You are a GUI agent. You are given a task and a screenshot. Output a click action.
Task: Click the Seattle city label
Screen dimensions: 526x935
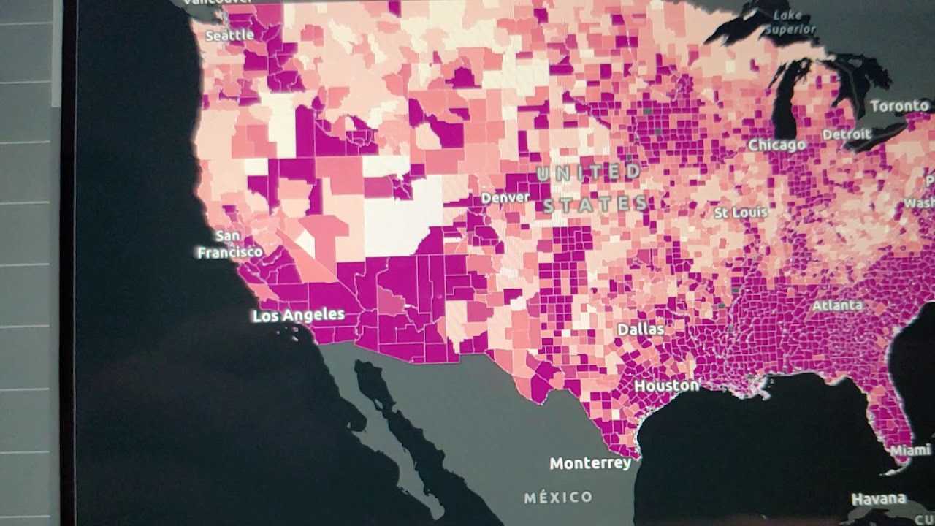[229, 35]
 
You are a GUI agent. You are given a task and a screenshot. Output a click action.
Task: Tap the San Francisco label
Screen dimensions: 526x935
[229, 245]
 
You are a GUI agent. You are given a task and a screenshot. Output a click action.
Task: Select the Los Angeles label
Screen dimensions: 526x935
[298, 316]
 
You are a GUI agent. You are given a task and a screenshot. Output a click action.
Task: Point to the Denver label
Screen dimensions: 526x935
[505, 198]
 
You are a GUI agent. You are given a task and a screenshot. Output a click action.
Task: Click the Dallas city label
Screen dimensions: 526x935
[641, 329]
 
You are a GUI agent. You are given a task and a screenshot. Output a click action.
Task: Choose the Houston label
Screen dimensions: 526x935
[666, 385]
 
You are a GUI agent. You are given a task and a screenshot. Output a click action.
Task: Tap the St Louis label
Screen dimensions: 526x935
[741, 213]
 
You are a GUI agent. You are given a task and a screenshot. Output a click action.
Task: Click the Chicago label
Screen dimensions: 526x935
[776, 145]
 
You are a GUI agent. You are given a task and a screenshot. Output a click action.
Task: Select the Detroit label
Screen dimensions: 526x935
[847, 134]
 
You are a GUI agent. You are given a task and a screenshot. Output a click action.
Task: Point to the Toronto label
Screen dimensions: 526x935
[899, 107]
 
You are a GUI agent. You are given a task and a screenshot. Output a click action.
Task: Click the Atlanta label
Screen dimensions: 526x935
[837, 305]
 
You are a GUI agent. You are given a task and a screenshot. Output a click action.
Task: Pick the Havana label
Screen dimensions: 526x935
[879, 500]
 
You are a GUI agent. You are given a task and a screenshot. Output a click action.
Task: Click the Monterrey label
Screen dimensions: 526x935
[590, 464]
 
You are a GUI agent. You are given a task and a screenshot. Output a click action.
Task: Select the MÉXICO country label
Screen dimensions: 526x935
[559, 498]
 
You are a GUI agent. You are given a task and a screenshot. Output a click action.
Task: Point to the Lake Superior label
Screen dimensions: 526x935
[792, 23]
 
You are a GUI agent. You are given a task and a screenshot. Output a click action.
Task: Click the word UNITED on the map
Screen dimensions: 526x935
[589, 173]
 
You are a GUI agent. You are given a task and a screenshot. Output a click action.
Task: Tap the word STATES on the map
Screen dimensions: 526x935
[595, 204]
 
